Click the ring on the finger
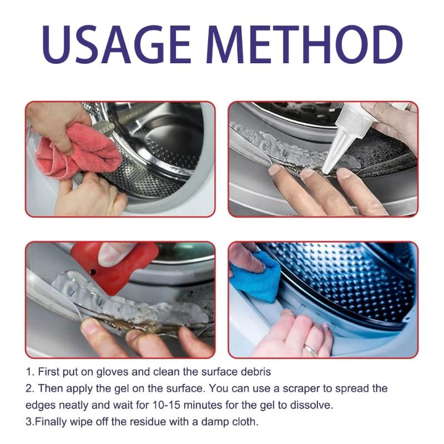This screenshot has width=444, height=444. point(311,350)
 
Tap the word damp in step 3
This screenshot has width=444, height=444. point(212,421)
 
